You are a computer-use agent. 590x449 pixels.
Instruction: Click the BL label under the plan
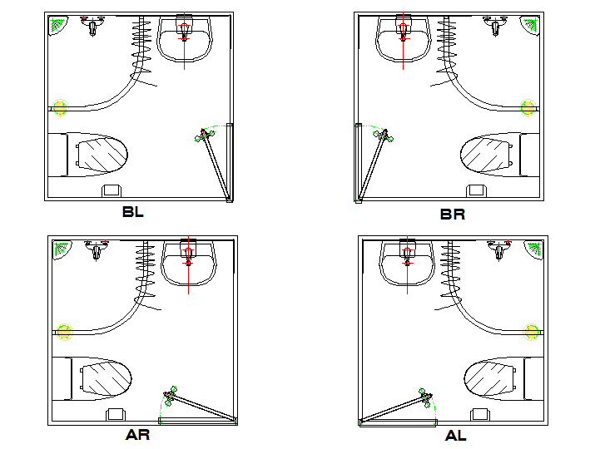pyautogui.click(x=133, y=212)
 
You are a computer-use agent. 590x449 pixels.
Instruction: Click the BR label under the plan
pyautogui.click(x=453, y=215)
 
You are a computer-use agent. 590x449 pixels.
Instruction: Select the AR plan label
pyautogui.click(x=137, y=435)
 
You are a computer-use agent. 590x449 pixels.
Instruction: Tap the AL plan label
pyautogui.click(x=456, y=436)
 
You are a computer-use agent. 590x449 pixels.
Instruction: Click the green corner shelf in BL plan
pyautogui.click(x=57, y=25)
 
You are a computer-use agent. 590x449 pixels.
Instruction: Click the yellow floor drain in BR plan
pyautogui.click(x=528, y=108)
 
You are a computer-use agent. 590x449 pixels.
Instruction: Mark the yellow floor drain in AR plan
pyautogui.click(x=63, y=332)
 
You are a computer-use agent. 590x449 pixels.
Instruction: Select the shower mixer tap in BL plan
pyautogui.click(x=92, y=25)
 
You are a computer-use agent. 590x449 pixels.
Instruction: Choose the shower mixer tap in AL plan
pyautogui.click(x=498, y=249)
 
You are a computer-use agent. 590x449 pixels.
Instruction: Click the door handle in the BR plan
pyautogui.click(x=384, y=136)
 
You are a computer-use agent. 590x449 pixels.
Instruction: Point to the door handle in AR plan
pyautogui.click(x=170, y=396)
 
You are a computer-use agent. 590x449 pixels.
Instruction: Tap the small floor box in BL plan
pyautogui.click(x=112, y=190)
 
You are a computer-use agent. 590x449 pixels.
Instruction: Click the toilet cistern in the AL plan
pyautogui.click(x=534, y=378)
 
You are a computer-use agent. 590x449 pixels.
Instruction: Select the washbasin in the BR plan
pyautogui.click(x=403, y=39)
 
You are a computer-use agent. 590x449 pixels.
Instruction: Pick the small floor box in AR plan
pyautogui.click(x=116, y=414)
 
